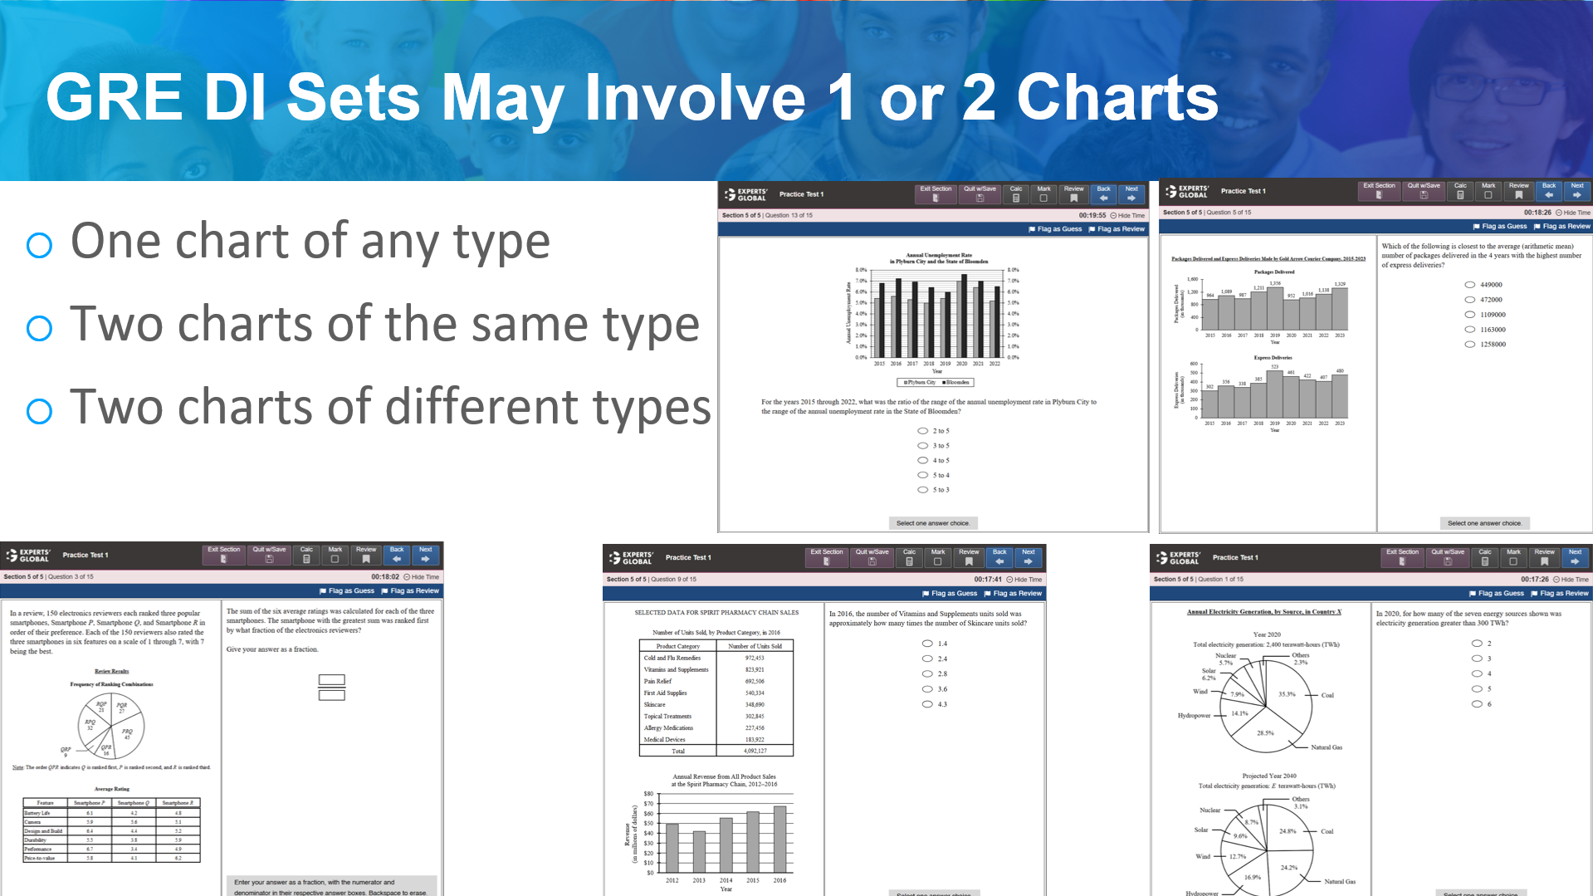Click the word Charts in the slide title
coord(1117,98)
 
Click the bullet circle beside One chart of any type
coord(39,245)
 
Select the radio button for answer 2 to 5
coord(922,431)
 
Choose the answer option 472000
coord(1469,300)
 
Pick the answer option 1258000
coord(1469,344)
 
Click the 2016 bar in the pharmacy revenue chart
coord(779,838)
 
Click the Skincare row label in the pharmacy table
coord(655,704)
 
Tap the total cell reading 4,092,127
coord(755,751)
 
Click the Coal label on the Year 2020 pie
coord(1327,695)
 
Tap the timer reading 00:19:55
coord(1092,215)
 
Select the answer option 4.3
coord(927,704)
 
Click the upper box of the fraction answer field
coord(331,680)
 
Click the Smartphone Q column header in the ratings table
coord(133,803)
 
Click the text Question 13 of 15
coord(788,215)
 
